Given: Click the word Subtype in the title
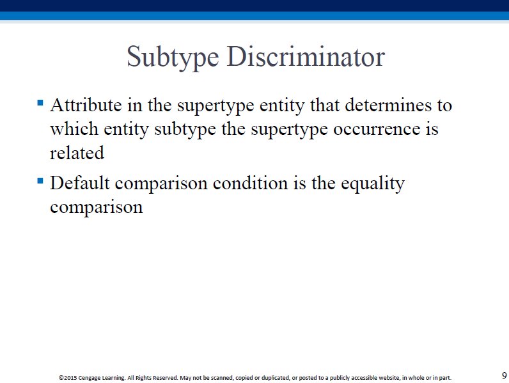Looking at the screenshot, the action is [x=173, y=58].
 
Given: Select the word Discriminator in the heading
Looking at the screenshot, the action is [x=306, y=56].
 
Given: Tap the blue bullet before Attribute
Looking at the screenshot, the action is [x=40, y=103].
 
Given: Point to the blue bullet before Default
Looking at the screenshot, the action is [x=40, y=181].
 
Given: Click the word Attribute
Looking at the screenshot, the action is [x=86, y=105].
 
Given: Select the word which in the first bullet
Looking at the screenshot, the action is [x=74, y=129].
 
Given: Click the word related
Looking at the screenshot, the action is [x=77, y=153].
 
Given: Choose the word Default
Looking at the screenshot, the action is [x=80, y=183].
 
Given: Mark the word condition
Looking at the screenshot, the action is [x=250, y=183].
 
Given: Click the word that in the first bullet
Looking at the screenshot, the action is [x=324, y=105].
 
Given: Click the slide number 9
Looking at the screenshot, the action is [x=504, y=375].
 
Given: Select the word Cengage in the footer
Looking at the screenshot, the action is [x=90, y=378].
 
